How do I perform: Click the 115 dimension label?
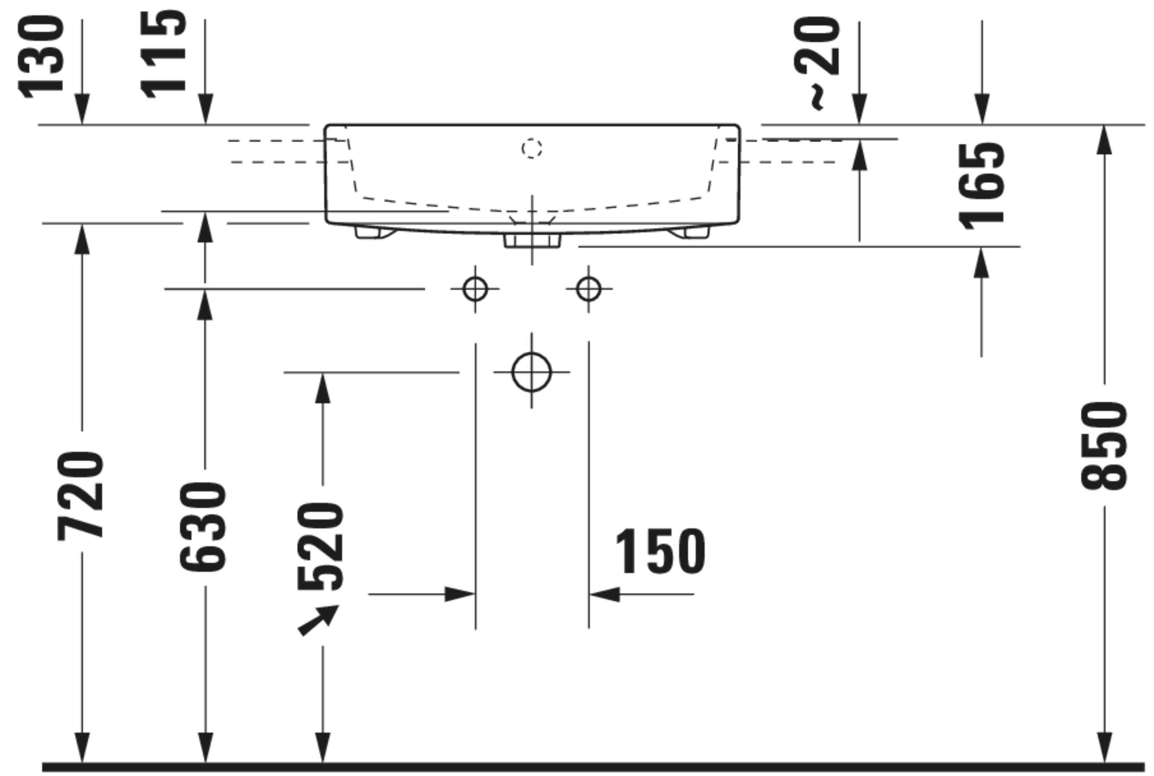[x=163, y=55]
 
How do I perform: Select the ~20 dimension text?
[x=817, y=62]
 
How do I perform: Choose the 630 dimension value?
[x=203, y=527]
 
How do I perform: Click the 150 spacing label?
[x=660, y=551]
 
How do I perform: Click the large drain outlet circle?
[x=532, y=372]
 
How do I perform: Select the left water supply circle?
[x=475, y=289]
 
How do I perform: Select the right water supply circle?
[x=589, y=289]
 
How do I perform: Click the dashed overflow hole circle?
[x=532, y=148]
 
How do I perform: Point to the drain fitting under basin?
[x=532, y=240]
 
